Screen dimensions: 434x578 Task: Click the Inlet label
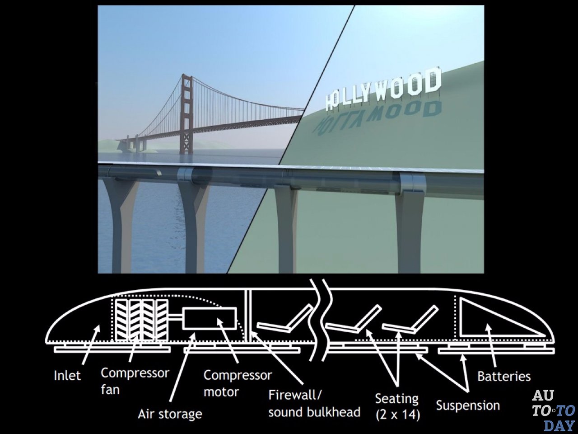pos(67,375)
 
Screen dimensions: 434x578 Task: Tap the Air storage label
pos(170,414)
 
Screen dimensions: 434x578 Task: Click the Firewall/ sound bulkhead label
pos(314,403)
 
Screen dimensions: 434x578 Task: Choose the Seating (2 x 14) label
pos(397,406)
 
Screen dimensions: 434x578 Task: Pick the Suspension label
pos(468,405)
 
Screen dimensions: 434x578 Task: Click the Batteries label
pos(503,376)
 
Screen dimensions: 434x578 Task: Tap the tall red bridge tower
pos(186,113)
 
